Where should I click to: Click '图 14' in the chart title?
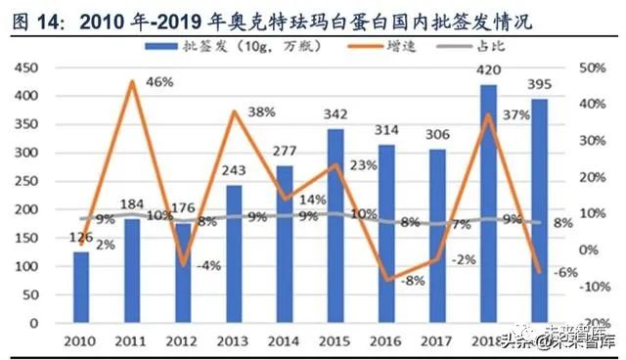[33, 18]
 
